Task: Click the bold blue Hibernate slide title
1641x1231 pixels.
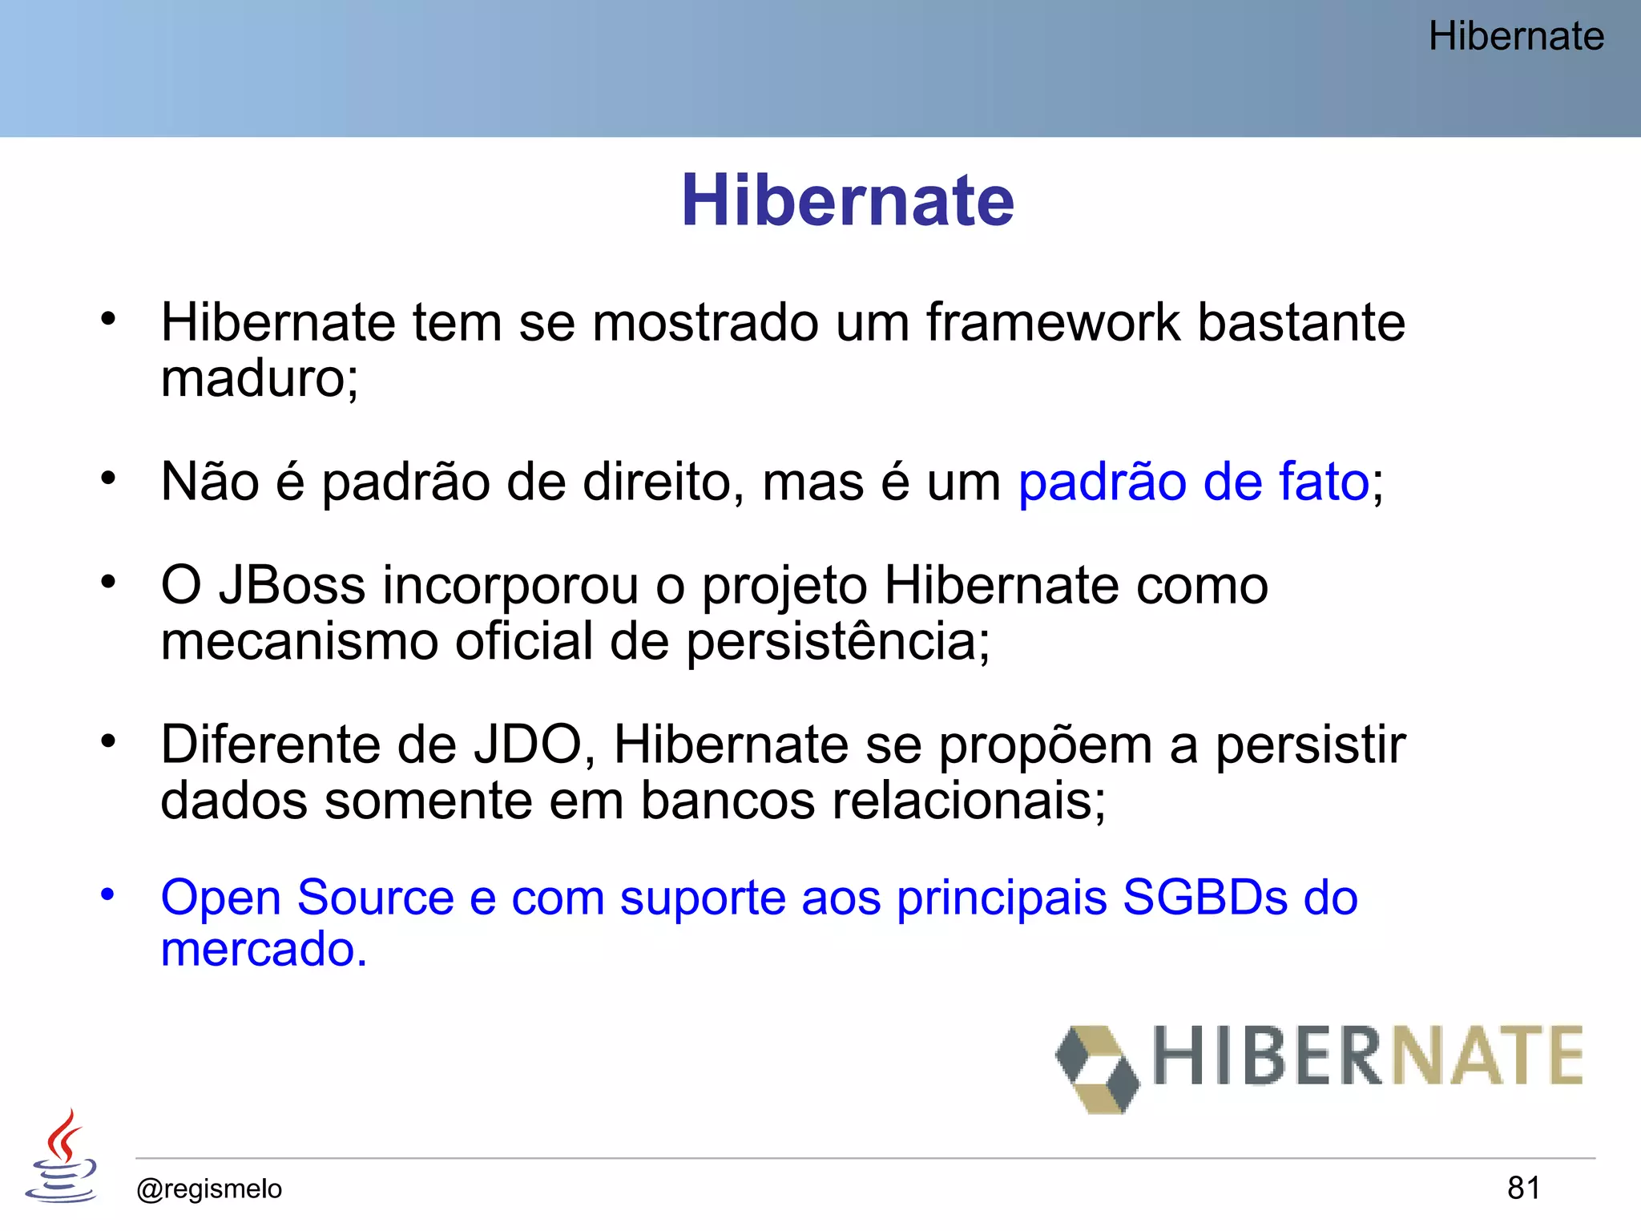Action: coord(847,200)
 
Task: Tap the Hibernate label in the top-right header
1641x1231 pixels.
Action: coord(1515,36)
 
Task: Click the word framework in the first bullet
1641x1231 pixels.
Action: coord(1053,322)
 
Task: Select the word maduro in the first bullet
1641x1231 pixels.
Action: coord(253,377)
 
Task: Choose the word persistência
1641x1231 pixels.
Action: coord(832,641)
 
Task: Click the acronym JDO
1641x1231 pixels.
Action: coord(527,745)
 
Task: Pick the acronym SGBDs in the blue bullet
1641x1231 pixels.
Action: coord(1204,897)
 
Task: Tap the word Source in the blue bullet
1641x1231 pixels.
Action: coord(375,897)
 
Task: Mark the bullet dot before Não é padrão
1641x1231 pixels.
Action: coord(108,478)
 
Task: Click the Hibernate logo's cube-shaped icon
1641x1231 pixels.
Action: coord(1097,1068)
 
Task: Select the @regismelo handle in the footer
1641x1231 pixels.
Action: coord(209,1189)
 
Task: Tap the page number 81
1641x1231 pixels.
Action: coord(1523,1188)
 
